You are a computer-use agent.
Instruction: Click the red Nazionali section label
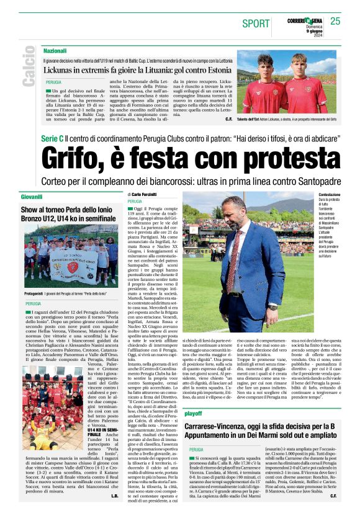coord(55,50)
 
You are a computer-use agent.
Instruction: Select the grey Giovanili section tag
coord(30,197)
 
